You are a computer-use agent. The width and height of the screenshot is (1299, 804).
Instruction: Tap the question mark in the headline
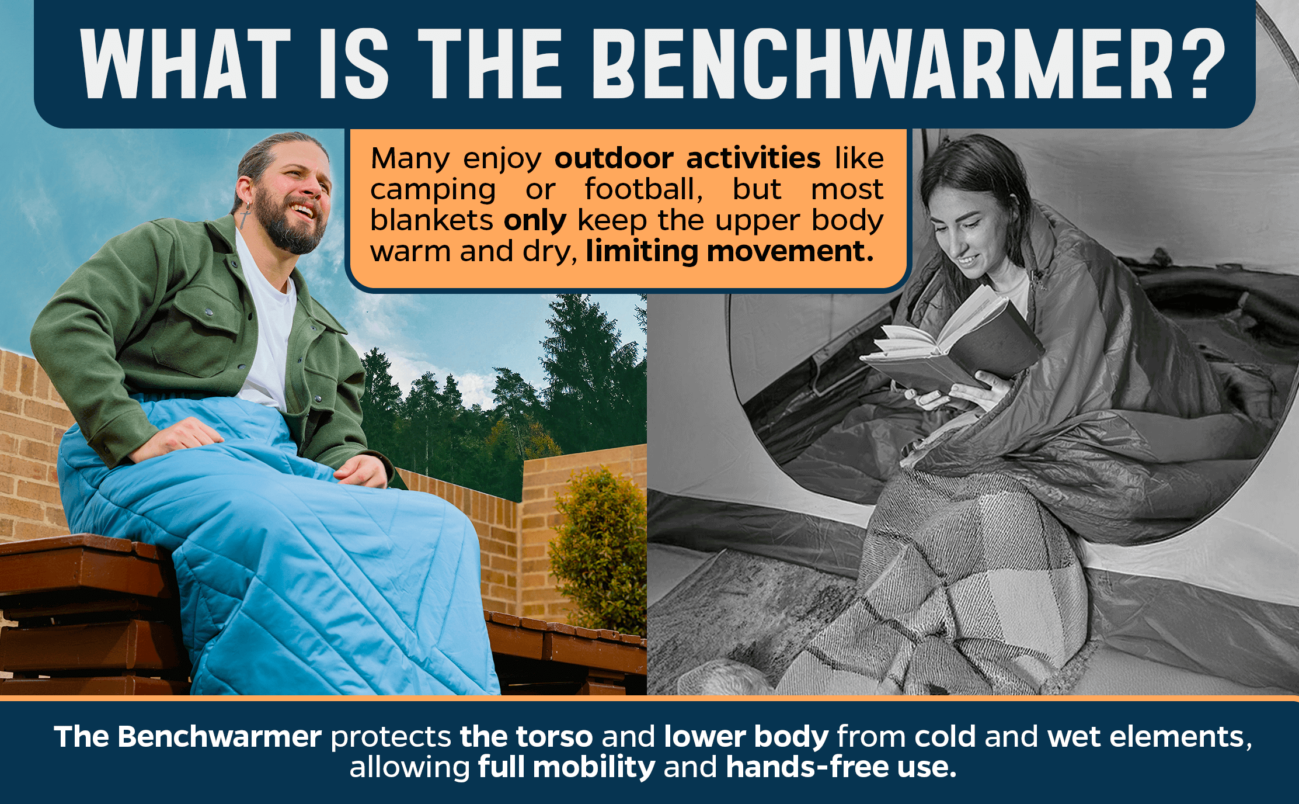(x=1202, y=63)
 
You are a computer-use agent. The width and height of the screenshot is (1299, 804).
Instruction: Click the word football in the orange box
(x=644, y=189)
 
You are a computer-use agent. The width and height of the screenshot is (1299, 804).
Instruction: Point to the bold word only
(x=535, y=221)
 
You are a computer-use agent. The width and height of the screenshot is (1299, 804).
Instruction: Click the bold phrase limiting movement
(x=730, y=251)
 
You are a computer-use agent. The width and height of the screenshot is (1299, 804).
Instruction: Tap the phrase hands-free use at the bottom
(x=841, y=767)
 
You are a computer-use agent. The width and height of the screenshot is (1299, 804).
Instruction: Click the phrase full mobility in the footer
(x=566, y=767)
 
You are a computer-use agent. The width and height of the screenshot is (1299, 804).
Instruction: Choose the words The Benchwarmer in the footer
(x=188, y=736)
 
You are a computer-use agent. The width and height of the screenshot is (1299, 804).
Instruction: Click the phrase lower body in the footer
(x=746, y=737)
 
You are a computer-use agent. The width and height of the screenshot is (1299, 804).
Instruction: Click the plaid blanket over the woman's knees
(x=957, y=584)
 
